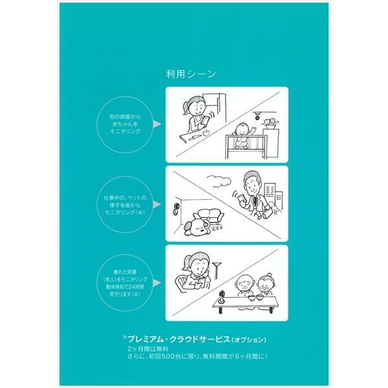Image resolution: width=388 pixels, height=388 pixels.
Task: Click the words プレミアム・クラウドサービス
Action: (x=184, y=339)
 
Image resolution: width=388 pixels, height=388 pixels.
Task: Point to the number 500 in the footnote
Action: (x=172, y=355)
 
